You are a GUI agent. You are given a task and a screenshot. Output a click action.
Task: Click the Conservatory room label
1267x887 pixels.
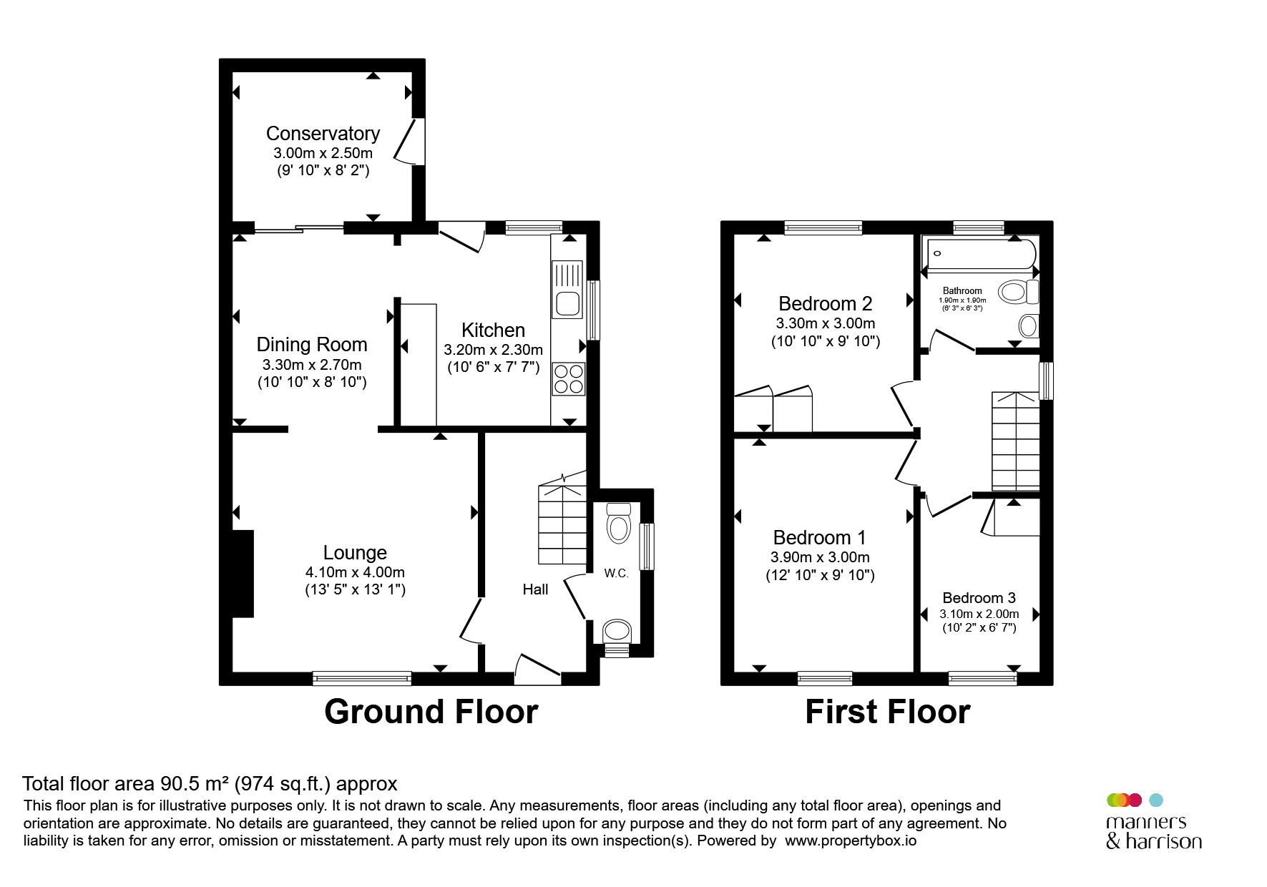click(323, 134)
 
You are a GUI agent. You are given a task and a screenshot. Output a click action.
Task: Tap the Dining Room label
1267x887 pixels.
click(312, 345)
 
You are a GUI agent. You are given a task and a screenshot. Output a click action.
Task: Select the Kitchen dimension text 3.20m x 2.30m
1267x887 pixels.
click(494, 350)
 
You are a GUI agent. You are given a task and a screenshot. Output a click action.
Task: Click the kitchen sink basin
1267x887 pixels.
click(568, 304)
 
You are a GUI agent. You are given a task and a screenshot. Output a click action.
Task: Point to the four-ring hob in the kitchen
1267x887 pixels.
click(569, 379)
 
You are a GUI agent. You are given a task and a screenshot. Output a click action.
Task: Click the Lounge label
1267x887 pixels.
click(355, 552)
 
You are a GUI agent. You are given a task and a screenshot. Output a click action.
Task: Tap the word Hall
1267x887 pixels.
click(535, 589)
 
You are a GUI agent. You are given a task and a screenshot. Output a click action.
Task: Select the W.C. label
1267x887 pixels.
click(616, 574)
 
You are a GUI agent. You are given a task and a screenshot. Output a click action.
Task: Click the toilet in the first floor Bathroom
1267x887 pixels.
click(1019, 292)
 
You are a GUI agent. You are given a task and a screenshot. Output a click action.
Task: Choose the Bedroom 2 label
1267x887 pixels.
click(826, 304)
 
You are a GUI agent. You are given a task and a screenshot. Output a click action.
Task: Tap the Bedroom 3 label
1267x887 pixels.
click(979, 598)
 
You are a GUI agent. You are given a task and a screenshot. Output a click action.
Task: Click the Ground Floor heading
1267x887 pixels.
click(431, 712)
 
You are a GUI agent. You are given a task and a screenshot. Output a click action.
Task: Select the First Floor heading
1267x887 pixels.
click(887, 712)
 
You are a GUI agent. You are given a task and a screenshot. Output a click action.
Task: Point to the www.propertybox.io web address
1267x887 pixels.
click(851, 841)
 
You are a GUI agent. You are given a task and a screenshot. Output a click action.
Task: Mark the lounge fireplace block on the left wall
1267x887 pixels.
click(243, 573)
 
